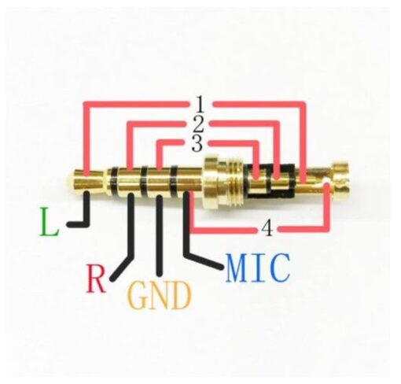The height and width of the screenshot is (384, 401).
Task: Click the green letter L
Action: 49,222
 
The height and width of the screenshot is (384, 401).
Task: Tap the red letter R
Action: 96,279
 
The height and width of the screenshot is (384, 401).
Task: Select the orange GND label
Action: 160,295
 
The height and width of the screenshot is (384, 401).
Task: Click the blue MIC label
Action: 258,268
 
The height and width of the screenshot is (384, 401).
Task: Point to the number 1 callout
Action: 200,104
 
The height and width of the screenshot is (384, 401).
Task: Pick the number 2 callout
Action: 198,124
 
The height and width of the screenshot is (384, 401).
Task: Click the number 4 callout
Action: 267,228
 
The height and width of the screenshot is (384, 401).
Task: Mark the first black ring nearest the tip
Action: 113,181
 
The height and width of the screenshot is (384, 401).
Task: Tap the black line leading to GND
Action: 160,235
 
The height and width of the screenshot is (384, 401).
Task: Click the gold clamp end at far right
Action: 340,180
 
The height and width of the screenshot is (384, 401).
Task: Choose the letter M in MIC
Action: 237,268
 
